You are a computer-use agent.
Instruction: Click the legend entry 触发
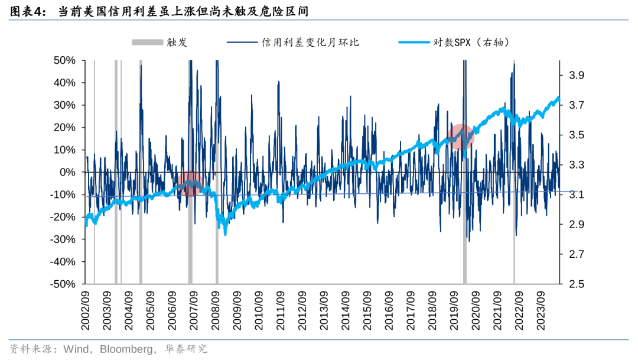(x=177, y=42)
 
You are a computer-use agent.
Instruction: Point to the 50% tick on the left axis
(x=64, y=60)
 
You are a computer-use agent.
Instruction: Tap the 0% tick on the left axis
(x=67, y=172)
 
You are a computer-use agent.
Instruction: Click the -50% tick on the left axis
(x=63, y=284)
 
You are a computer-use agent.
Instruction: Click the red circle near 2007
(x=190, y=184)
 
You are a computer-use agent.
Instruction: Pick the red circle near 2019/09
(x=461, y=137)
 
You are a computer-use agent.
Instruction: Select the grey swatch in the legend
(x=147, y=42)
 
